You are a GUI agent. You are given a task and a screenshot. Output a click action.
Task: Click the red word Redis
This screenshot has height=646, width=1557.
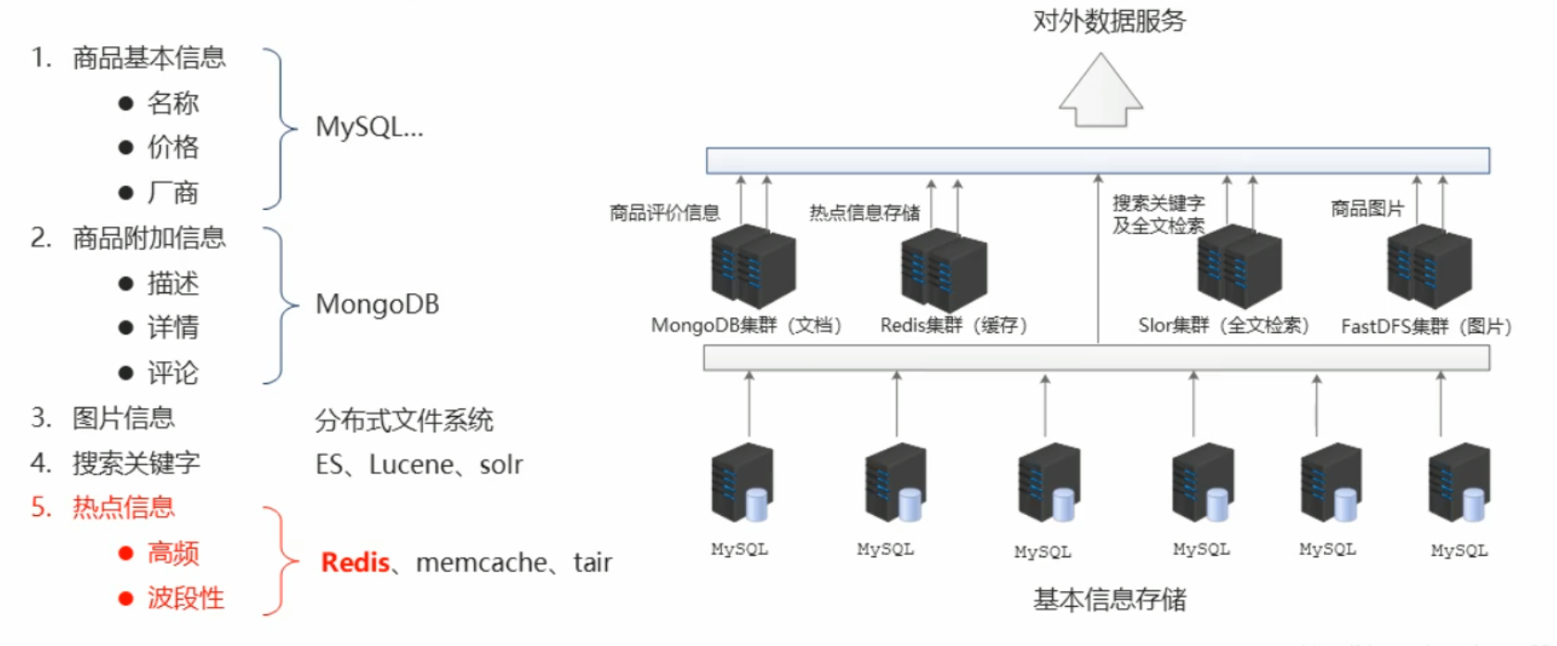point(354,562)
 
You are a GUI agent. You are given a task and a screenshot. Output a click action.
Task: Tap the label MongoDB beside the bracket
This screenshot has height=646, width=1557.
point(377,304)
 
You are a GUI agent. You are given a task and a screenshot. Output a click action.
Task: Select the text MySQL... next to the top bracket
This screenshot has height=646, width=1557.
point(369,127)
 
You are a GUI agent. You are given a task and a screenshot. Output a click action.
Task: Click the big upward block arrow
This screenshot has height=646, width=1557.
point(1100,90)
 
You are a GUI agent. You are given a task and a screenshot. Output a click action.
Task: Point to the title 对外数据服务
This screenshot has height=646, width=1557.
point(1109,20)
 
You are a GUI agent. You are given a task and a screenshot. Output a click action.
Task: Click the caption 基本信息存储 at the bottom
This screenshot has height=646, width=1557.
point(1109,600)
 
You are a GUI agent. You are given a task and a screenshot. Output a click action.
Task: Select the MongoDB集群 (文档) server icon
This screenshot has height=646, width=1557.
point(753,266)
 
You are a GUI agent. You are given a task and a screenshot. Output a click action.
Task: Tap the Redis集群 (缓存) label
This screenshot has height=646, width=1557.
point(953,326)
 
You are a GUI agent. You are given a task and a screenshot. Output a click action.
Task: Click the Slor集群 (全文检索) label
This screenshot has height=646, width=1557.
point(1223,326)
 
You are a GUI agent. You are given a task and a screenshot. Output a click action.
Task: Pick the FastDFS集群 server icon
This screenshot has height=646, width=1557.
point(1429,266)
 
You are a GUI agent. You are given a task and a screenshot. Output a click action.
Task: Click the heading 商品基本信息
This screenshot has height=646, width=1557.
point(148,58)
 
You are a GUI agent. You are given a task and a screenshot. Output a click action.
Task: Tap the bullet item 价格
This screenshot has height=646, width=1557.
point(173,147)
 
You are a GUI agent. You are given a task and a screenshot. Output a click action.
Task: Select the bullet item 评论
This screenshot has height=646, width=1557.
point(173,373)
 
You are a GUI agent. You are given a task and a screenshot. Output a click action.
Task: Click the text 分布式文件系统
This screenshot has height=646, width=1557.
point(404,420)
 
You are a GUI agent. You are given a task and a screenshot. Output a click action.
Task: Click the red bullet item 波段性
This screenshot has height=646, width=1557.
point(186,598)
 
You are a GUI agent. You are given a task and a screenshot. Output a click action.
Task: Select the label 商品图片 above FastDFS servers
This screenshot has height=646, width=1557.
point(1367,209)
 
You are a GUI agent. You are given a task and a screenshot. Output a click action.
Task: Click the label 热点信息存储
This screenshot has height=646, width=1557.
point(864,213)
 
